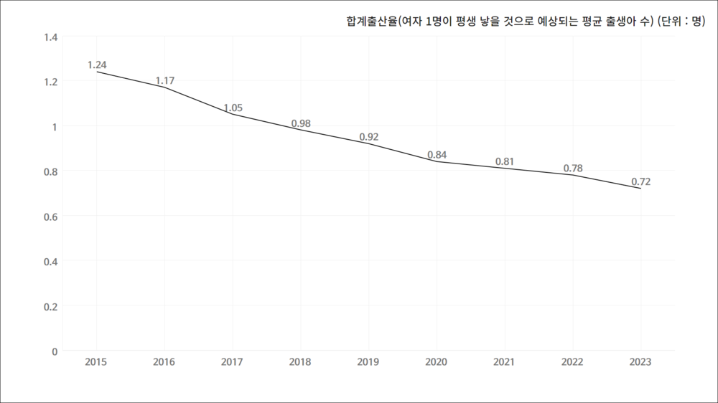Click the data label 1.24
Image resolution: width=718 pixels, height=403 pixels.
(97, 65)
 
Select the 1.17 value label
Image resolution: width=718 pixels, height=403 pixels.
(165, 80)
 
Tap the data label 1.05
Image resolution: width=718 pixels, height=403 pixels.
(233, 108)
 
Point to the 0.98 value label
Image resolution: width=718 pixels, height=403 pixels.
(301, 123)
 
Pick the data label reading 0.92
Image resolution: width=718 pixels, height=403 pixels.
(369, 137)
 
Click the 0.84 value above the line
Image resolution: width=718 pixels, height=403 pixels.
(437, 155)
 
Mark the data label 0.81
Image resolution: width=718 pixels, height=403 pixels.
(505, 161)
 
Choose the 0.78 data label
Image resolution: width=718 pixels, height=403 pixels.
(573, 169)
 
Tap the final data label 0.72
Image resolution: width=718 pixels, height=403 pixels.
(640, 181)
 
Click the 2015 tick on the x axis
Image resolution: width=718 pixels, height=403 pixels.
(97, 362)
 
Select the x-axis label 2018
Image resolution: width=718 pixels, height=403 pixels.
(301, 362)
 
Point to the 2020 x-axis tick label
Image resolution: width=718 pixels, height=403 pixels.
(437, 362)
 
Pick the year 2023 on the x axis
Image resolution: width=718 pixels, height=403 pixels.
(640, 362)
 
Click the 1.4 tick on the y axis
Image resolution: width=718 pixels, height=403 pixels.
(50, 37)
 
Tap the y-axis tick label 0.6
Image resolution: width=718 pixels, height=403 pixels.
(50, 216)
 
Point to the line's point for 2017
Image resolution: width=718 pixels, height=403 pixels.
(233, 115)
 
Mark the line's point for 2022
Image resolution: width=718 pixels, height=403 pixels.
(573, 175)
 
